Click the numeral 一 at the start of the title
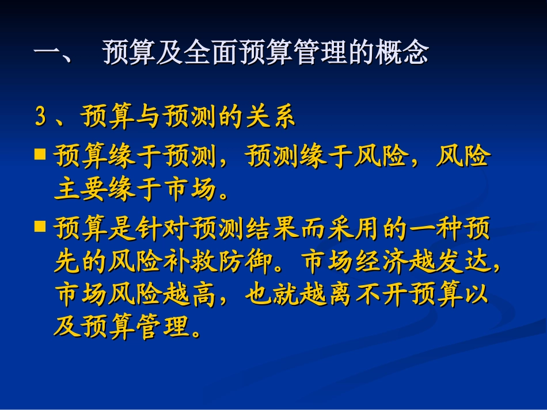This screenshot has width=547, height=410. (x=48, y=54)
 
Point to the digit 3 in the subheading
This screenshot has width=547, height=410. (x=40, y=118)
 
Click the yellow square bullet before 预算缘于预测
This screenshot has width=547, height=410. (x=40, y=154)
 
